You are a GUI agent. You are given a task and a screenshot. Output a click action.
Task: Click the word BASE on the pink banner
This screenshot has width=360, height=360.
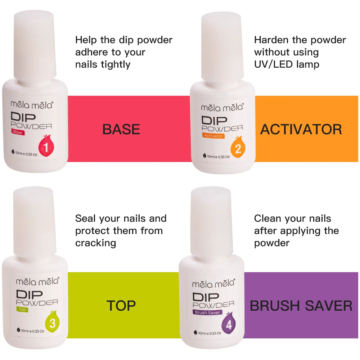tap(121, 129)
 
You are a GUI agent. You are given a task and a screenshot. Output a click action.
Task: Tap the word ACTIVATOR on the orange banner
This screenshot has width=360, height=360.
tap(301, 129)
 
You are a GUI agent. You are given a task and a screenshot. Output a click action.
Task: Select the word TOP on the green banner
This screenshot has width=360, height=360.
tap(121, 306)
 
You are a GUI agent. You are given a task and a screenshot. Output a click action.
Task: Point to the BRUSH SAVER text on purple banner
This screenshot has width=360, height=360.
tap(301, 306)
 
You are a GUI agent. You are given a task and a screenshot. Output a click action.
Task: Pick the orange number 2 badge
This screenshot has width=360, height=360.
tap(238, 149)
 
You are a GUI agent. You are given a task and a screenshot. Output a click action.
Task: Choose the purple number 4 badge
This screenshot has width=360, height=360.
tap(229, 325)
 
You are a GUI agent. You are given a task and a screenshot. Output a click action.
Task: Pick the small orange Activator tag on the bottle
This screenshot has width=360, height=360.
tap(213, 136)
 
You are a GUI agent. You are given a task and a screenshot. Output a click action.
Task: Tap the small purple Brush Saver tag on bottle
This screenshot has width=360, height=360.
tap(207, 312)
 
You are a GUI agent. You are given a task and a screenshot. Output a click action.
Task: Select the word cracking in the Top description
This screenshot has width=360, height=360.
tap(95, 243)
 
